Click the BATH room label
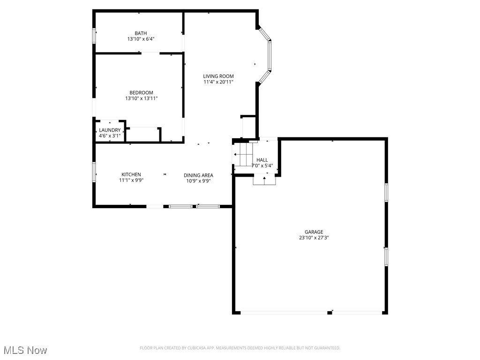141,33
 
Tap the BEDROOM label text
141,93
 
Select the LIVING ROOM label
218,76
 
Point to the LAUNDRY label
110,130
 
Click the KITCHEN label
131,174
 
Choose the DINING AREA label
198,175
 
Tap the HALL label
262,160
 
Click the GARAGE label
314,232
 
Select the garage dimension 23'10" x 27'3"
314,238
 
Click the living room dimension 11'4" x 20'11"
218,82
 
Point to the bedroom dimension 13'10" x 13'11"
141,98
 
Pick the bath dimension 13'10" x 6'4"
141,39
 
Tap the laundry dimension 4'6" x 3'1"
110,136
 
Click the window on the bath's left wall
94,36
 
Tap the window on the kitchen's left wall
94,171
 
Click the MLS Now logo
25,350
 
